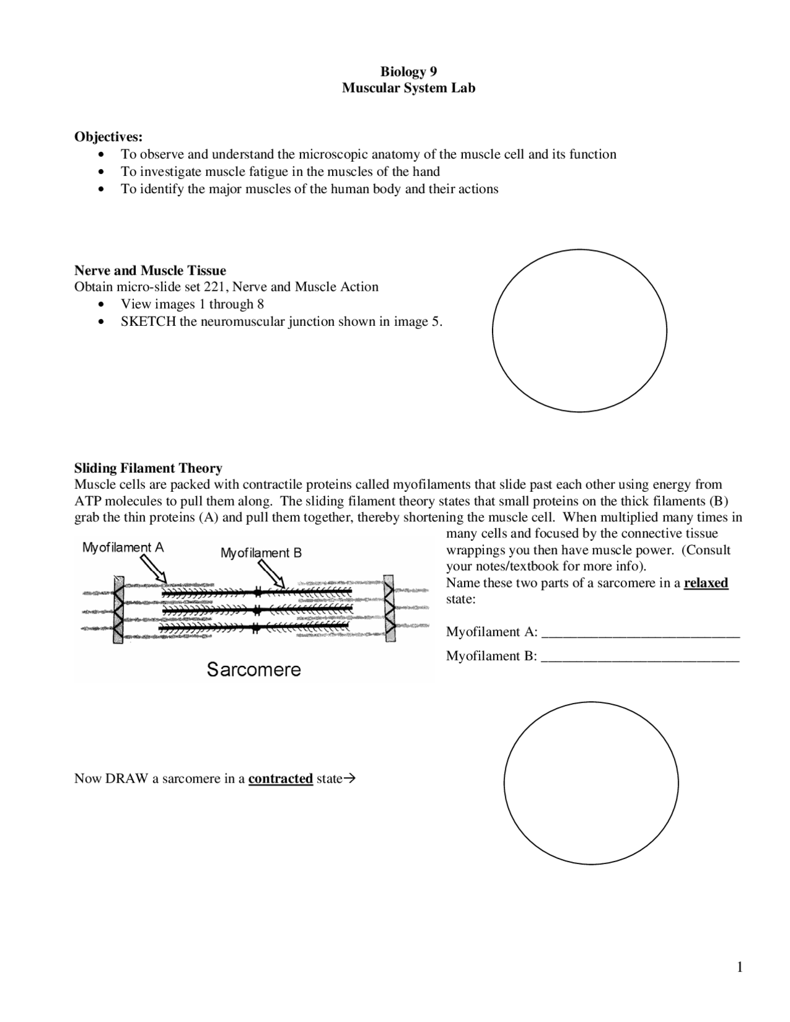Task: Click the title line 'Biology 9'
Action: pyautogui.click(x=409, y=72)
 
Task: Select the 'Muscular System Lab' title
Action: pyautogui.click(x=409, y=88)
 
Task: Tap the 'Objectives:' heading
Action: pyautogui.click(x=108, y=136)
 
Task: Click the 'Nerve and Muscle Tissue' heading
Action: pyautogui.click(x=150, y=270)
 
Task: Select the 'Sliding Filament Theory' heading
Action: pyautogui.click(x=148, y=468)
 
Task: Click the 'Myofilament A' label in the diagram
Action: pyautogui.click(x=123, y=547)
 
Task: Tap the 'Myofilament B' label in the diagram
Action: pyautogui.click(x=261, y=553)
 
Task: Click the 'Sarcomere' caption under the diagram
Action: pyautogui.click(x=254, y=670)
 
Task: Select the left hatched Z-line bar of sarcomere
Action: pyautogui.click(x=118, y=610)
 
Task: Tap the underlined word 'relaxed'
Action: pyautogui.click(x=705, y=583)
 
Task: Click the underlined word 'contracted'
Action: pyautogui.click(x=280, y=779)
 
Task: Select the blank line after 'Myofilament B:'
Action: pyautogui.click(x=640, y=658)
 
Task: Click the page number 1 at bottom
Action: pyautogui.click(x=739, y=967)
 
